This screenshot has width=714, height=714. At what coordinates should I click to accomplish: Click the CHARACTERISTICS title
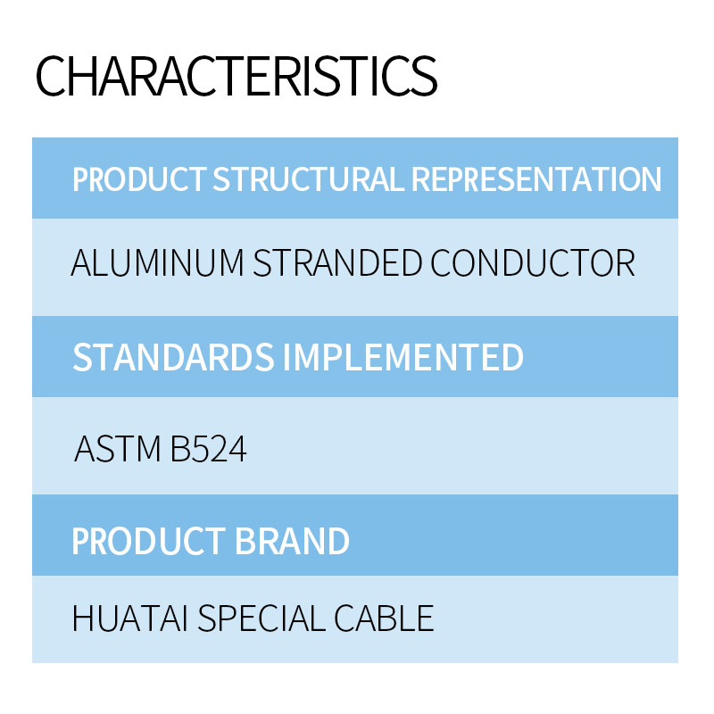click(x=237, y=76)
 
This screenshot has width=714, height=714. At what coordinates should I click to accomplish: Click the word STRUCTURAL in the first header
click(x=308, y=179)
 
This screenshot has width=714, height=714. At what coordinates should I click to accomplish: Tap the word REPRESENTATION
click(x=536, y=179)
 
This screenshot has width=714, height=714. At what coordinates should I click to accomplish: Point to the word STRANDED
click(x=337, y=262)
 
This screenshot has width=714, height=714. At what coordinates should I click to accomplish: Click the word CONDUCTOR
click(x=533, y=262)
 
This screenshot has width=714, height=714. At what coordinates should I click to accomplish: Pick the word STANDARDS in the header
click(x=173, y=357)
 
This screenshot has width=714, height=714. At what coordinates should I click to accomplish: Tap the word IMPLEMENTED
click(x=403, y=357)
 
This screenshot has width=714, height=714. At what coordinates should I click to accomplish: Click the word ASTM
click(x=118, y=449)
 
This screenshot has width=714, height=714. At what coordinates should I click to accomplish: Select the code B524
click(x=209, y=449)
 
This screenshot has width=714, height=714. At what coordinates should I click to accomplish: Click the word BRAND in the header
click(x=292, y=541)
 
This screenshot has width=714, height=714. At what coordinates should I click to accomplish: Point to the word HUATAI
click(x=130, y=619)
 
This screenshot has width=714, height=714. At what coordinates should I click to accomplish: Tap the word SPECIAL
click(x=262, y=619)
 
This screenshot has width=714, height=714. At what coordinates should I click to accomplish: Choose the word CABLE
click(x=384, y=619)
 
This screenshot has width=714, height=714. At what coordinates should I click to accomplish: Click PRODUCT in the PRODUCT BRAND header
click(x=148, y=541)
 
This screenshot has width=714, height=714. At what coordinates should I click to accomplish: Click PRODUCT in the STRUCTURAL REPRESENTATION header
click(x=139, y=179)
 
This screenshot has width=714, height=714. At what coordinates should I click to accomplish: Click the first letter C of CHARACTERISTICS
click(x=51, y=76)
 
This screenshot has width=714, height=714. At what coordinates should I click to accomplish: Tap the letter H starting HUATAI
click(x=83, y=619)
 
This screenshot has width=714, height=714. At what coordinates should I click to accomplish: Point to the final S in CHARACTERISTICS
click(x=424, y=76)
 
